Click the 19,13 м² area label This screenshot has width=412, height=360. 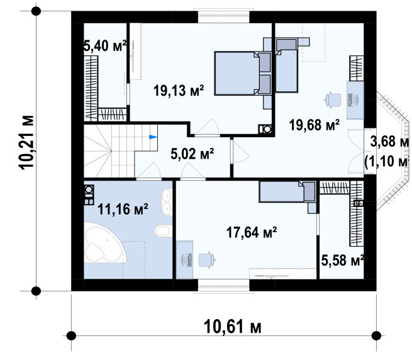(179, 90)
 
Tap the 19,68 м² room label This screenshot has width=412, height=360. (315, 125)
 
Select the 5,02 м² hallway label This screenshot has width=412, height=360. (192, 154)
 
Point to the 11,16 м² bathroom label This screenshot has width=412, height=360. (123, 209)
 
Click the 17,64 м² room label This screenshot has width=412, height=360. (252, 232)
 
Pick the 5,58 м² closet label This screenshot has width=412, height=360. (342, 261)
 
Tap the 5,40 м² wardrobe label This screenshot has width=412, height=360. (105, 46)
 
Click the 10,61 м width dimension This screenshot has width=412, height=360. (233, 327)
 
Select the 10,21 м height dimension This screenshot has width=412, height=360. (26, 142)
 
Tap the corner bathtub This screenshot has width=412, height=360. (105, 242)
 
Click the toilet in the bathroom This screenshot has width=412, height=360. (162, 231)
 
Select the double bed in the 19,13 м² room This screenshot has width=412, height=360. (243, 73)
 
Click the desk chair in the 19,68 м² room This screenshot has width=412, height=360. (333, 100)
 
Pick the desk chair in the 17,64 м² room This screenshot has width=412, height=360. (207, 259)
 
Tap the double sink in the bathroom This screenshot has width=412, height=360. (166, 202)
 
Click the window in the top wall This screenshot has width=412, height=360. (223, 16)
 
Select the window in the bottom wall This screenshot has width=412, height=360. (223, 286)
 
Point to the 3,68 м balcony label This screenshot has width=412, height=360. (389, 142)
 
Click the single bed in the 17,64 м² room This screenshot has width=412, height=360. (287, 192)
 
